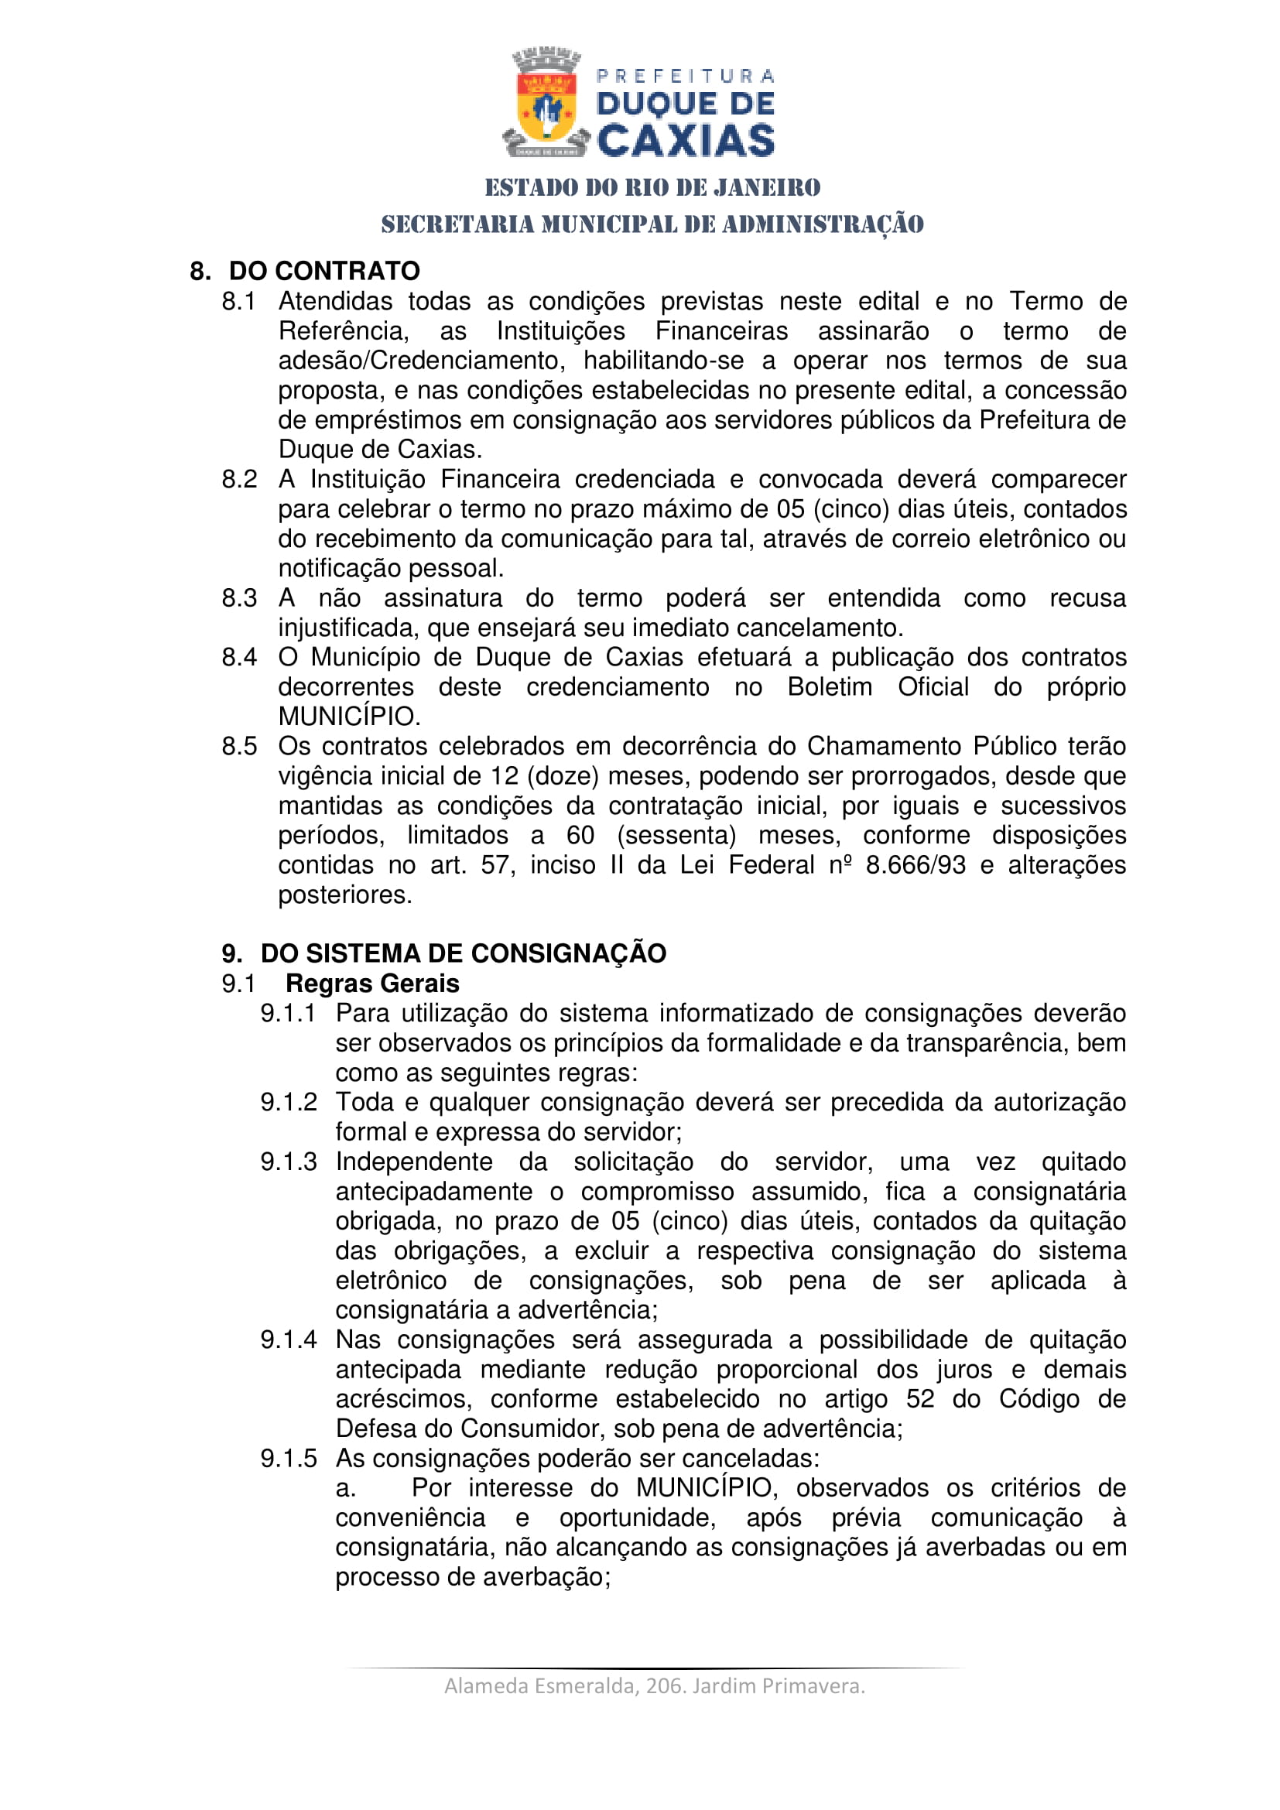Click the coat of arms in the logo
[546, 103]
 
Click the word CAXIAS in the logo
[686, 140]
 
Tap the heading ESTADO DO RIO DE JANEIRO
[652, 187]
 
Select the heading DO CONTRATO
[324, 270]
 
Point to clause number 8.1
[239, 301]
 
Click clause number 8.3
[239, 597]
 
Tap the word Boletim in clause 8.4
[829, 686]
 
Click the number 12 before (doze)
[505, 775]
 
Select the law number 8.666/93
[915, 865]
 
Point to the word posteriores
[344, 895]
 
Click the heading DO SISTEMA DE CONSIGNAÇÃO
[464, 953]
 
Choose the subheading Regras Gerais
[372, 983]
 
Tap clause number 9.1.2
[289, 1102]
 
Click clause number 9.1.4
[289, 1340]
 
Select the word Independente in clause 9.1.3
[414, 1162]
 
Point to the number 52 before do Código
[920, 1398]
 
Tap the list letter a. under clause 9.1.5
[345, 1488]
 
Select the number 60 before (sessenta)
[580, 835]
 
